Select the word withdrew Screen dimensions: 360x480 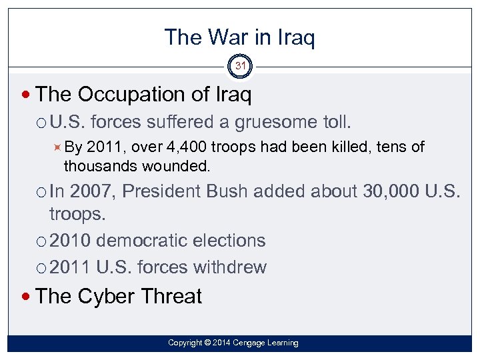point(229,267)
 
